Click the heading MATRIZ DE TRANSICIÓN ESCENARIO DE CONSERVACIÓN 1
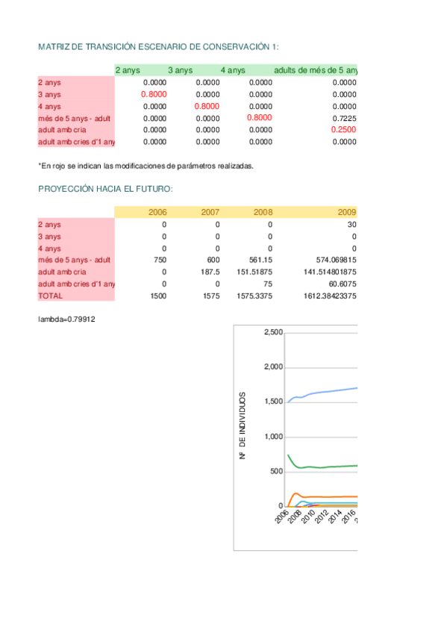pos(158,46)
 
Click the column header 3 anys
pos(180,70)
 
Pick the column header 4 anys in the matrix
pos(233,70)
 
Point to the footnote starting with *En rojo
pos(146,166)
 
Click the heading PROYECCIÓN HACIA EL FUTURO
pos(105,189)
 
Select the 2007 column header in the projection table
pos(210,213)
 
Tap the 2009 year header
pos(347,213)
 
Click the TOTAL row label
pos(50,296)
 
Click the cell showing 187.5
pos(210,272)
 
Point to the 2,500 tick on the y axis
pos(273,332)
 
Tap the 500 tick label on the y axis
pos(277,471)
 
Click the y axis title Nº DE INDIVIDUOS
pos(243,425)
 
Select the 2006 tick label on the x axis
pos(281,519)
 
